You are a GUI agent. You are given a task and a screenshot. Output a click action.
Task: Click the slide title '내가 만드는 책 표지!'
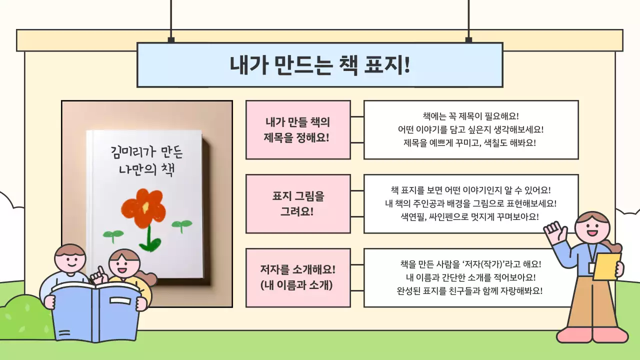(x=319, y=65)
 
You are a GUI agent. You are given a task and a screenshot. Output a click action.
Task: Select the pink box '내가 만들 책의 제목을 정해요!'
(x=297, y=129)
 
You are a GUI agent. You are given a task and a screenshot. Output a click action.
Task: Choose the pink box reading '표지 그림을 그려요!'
(x=297, y=203)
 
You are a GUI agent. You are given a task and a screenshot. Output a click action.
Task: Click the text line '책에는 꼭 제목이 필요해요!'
(x=470, y=116)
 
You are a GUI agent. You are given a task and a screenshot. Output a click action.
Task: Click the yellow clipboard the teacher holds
(x=606, y=266)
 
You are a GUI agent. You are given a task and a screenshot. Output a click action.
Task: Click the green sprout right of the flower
(x=181, y=224)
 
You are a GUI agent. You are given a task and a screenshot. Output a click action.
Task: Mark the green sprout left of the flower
(x=113, y=233)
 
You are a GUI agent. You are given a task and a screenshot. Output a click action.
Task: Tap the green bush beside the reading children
(x=22, y=315)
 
